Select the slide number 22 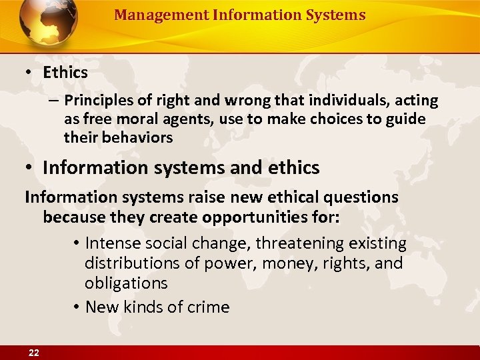(x=34, y=353)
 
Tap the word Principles (x=100, y=101)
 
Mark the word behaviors (x=138, y=138)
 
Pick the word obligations (x=126, y=283)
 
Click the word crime (x=209, y=307)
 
